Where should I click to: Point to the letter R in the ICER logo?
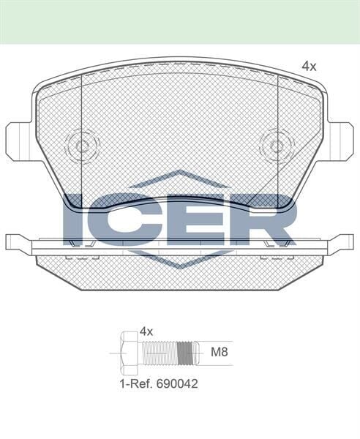pyautogui.click(x=271, y=219)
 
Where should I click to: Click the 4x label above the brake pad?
pyautogui.click(x=309, y=67)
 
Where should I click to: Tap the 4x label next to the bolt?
pyautogui.click(x=146, y=331)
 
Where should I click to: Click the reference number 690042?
pyautogui.click(x=176, y=383)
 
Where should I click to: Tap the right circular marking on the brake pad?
pyautogui.click(x=277, y=145)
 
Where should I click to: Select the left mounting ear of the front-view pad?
pyautogui.click(x=18, y=141)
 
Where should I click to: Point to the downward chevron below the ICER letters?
pyautogui.click(x=179, y=260)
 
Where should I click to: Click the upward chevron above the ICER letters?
pyautogui.click(x=179, y=178)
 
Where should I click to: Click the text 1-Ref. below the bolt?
pyautogui.click(x=135, y=383)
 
